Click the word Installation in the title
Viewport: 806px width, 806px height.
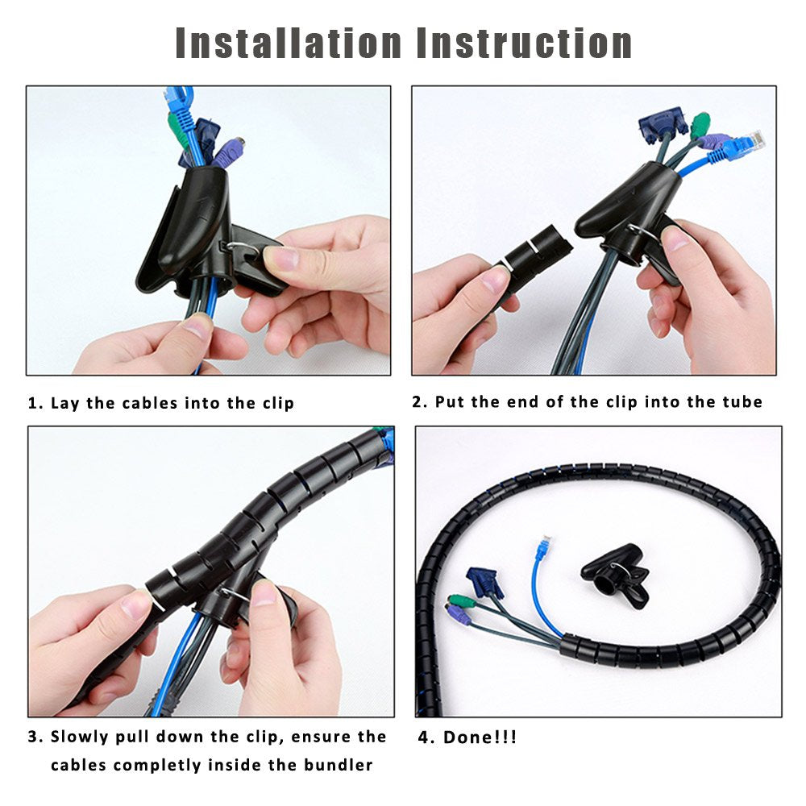[288, 44]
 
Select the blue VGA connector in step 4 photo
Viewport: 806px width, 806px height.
[484, 582]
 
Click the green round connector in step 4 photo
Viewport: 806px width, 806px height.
[460, 602]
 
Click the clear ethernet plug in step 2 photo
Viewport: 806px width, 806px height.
[751, 142]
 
